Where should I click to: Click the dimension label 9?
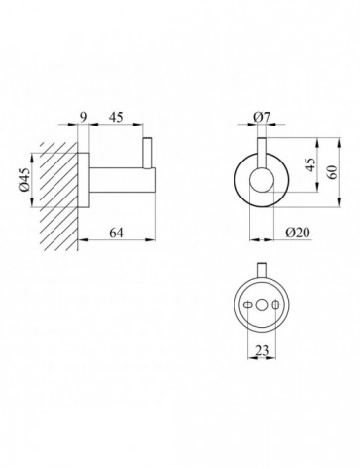coord(84,117)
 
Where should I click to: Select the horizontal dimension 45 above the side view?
coord(116,117)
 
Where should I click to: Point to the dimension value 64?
coord(116,233)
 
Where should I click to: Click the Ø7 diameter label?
coord(262,117)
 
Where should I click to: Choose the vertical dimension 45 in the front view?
coord(310,164)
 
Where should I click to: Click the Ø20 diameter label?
coord(298,233)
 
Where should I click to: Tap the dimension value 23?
coord(262,350)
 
